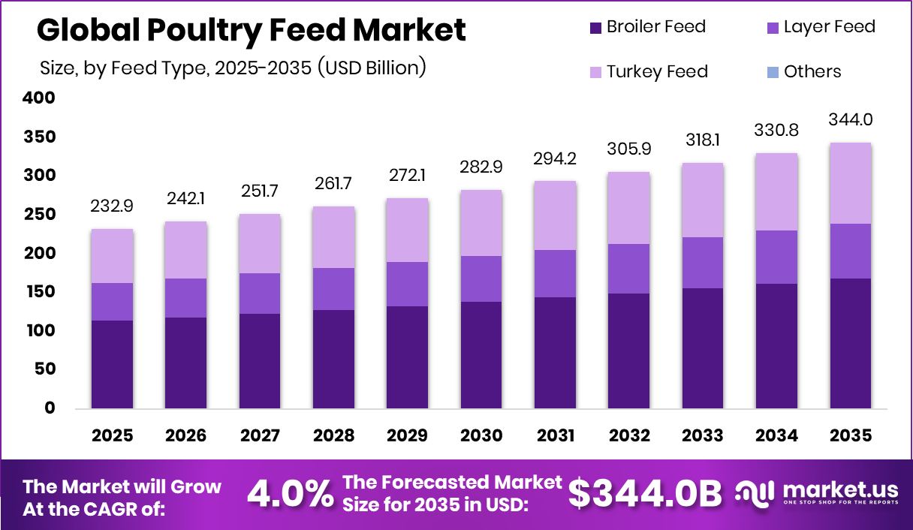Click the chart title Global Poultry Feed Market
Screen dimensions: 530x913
tap(251, 30)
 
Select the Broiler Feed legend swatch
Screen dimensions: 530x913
tap(595, 28)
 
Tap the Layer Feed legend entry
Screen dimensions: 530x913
tap(819, 27)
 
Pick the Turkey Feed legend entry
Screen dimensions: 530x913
tap(647, 72)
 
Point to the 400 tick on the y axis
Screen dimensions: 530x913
tap(39, 98)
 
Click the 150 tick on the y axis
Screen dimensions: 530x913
tap(39, 292)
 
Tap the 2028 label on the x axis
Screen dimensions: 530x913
tap(333, 436)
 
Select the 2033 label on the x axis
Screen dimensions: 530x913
tap(703, 436)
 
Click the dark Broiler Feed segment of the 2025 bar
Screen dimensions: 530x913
tap(112, 364)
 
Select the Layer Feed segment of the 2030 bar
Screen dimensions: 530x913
tap(481, 279)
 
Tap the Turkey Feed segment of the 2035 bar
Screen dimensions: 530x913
tap(851, 183)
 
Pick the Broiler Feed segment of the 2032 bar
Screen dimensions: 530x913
tap(629, 351)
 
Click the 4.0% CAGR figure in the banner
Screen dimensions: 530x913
tap(290, 494)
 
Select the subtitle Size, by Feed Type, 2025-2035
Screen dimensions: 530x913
tap(233, 68)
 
